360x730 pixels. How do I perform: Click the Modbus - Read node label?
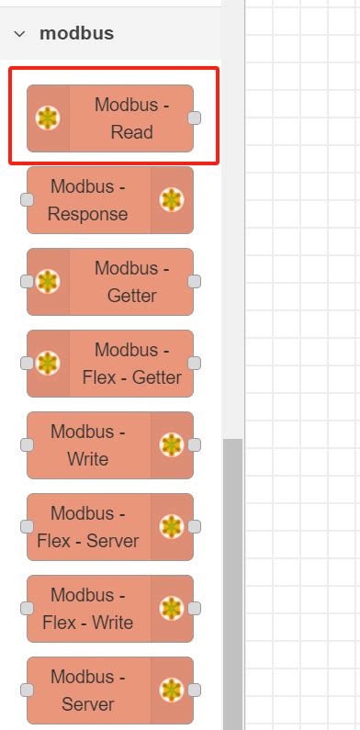131,118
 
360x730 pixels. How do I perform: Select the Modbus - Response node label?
88,200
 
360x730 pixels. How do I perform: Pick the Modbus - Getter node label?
131,282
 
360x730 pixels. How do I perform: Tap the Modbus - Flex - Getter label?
131,364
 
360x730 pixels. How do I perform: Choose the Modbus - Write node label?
88,445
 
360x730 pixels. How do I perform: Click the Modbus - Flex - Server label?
88,527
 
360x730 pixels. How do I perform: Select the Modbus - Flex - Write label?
88,609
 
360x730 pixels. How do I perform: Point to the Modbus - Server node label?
88,691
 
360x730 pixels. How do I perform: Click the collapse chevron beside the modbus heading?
19,34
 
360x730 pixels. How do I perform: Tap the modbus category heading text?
76,34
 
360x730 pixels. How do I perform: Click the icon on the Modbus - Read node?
48,118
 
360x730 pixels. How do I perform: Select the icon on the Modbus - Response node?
171,200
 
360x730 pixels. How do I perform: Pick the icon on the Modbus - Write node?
171,445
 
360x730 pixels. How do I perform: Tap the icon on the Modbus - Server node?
171,691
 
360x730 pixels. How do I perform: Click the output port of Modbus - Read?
194,118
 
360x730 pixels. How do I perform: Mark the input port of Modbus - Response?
28,200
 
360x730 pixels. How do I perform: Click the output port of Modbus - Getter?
194,282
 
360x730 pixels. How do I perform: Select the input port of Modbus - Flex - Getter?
28,364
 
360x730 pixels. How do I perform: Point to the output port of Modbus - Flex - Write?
194,609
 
